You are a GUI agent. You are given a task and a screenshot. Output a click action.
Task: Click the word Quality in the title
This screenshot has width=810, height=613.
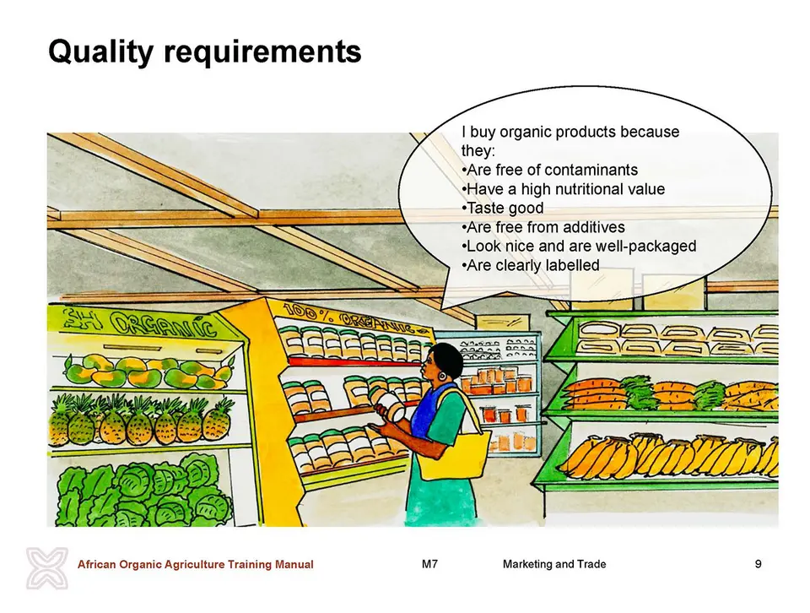[100, 52]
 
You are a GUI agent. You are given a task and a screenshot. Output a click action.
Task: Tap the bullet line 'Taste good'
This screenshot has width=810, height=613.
[503, 208]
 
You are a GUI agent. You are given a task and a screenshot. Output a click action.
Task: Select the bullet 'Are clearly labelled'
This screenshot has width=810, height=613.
[531, 265]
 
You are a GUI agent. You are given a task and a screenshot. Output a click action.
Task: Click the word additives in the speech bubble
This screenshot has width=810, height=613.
[593, 227]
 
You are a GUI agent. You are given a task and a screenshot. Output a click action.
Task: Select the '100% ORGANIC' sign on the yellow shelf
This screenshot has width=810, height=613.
[356, 317]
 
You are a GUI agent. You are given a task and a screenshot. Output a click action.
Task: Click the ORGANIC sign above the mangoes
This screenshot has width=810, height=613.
[139, 324]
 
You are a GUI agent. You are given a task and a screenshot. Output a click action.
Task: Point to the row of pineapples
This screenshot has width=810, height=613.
[141, 420]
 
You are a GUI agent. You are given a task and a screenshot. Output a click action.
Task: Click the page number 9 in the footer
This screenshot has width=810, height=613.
[758, 564]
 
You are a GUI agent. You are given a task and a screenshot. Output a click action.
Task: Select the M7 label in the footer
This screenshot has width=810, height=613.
[429, 564]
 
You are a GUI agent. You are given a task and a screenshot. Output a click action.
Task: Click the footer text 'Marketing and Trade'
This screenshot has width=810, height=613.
[554, 564]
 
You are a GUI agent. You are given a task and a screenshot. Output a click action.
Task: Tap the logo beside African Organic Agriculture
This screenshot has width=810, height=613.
[47, 568]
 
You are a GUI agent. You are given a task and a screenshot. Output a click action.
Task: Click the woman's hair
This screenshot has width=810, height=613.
[447, 356]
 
